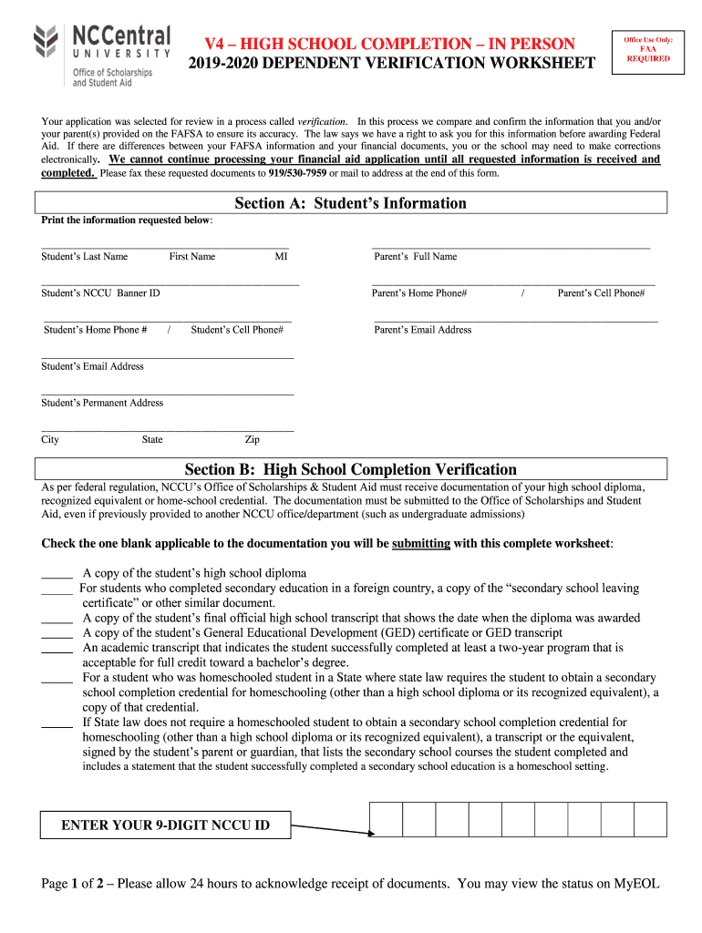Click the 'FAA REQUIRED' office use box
point(647,50)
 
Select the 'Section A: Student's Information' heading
point(350,203)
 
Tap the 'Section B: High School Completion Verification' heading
point(350,470)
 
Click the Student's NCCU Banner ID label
point(100,293)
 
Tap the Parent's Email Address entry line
point(515,320)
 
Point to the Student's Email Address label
point(92,366)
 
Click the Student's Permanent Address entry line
point(167,393)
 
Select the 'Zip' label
point(253,440)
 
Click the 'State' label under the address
point(152,440)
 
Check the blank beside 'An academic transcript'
point(57,650)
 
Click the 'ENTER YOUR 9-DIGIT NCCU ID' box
point(165,825)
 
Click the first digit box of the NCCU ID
point(386,819)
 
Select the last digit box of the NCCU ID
point(650,819)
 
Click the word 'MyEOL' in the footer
point(637,884)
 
